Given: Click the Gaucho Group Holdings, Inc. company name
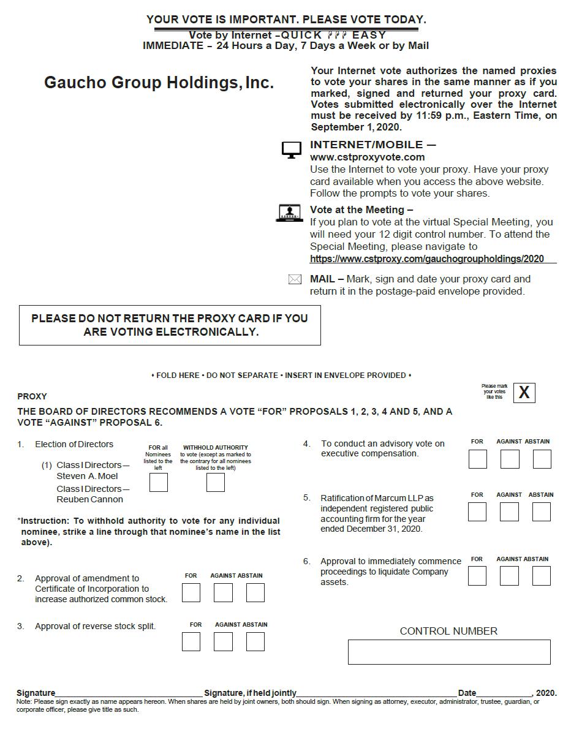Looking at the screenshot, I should tap(159, 83).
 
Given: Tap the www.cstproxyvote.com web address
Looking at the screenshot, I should tap(367, 157).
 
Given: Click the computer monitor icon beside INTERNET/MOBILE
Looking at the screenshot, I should tap(292, 149).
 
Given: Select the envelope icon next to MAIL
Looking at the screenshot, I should tap(295, 279).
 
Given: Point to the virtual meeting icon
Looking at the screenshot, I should tap(290, 213).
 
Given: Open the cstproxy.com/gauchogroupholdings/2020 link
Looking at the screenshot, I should tap(426, 259).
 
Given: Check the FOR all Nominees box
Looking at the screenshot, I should tap(159, 483).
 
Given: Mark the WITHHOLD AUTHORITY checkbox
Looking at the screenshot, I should tap(216, 483).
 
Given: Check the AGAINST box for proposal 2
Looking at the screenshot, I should tap(223, 592).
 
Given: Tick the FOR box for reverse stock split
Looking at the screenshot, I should tap(191, 641).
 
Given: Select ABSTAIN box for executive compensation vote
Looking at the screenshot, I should tap(542, 459).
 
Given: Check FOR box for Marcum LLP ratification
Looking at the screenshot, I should tap(477, 512).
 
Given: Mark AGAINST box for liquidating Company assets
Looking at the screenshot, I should tap(509, 576).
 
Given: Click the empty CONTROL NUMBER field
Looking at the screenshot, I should tap(449, 652).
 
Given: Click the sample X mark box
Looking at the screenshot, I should tap(524, 393).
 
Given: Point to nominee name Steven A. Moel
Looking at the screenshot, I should tap(87, 476).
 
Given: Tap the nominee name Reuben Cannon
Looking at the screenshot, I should tap(89, 499).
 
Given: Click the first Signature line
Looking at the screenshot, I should tap(129, 693).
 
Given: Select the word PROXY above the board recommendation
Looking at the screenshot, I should tap(32, 396).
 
